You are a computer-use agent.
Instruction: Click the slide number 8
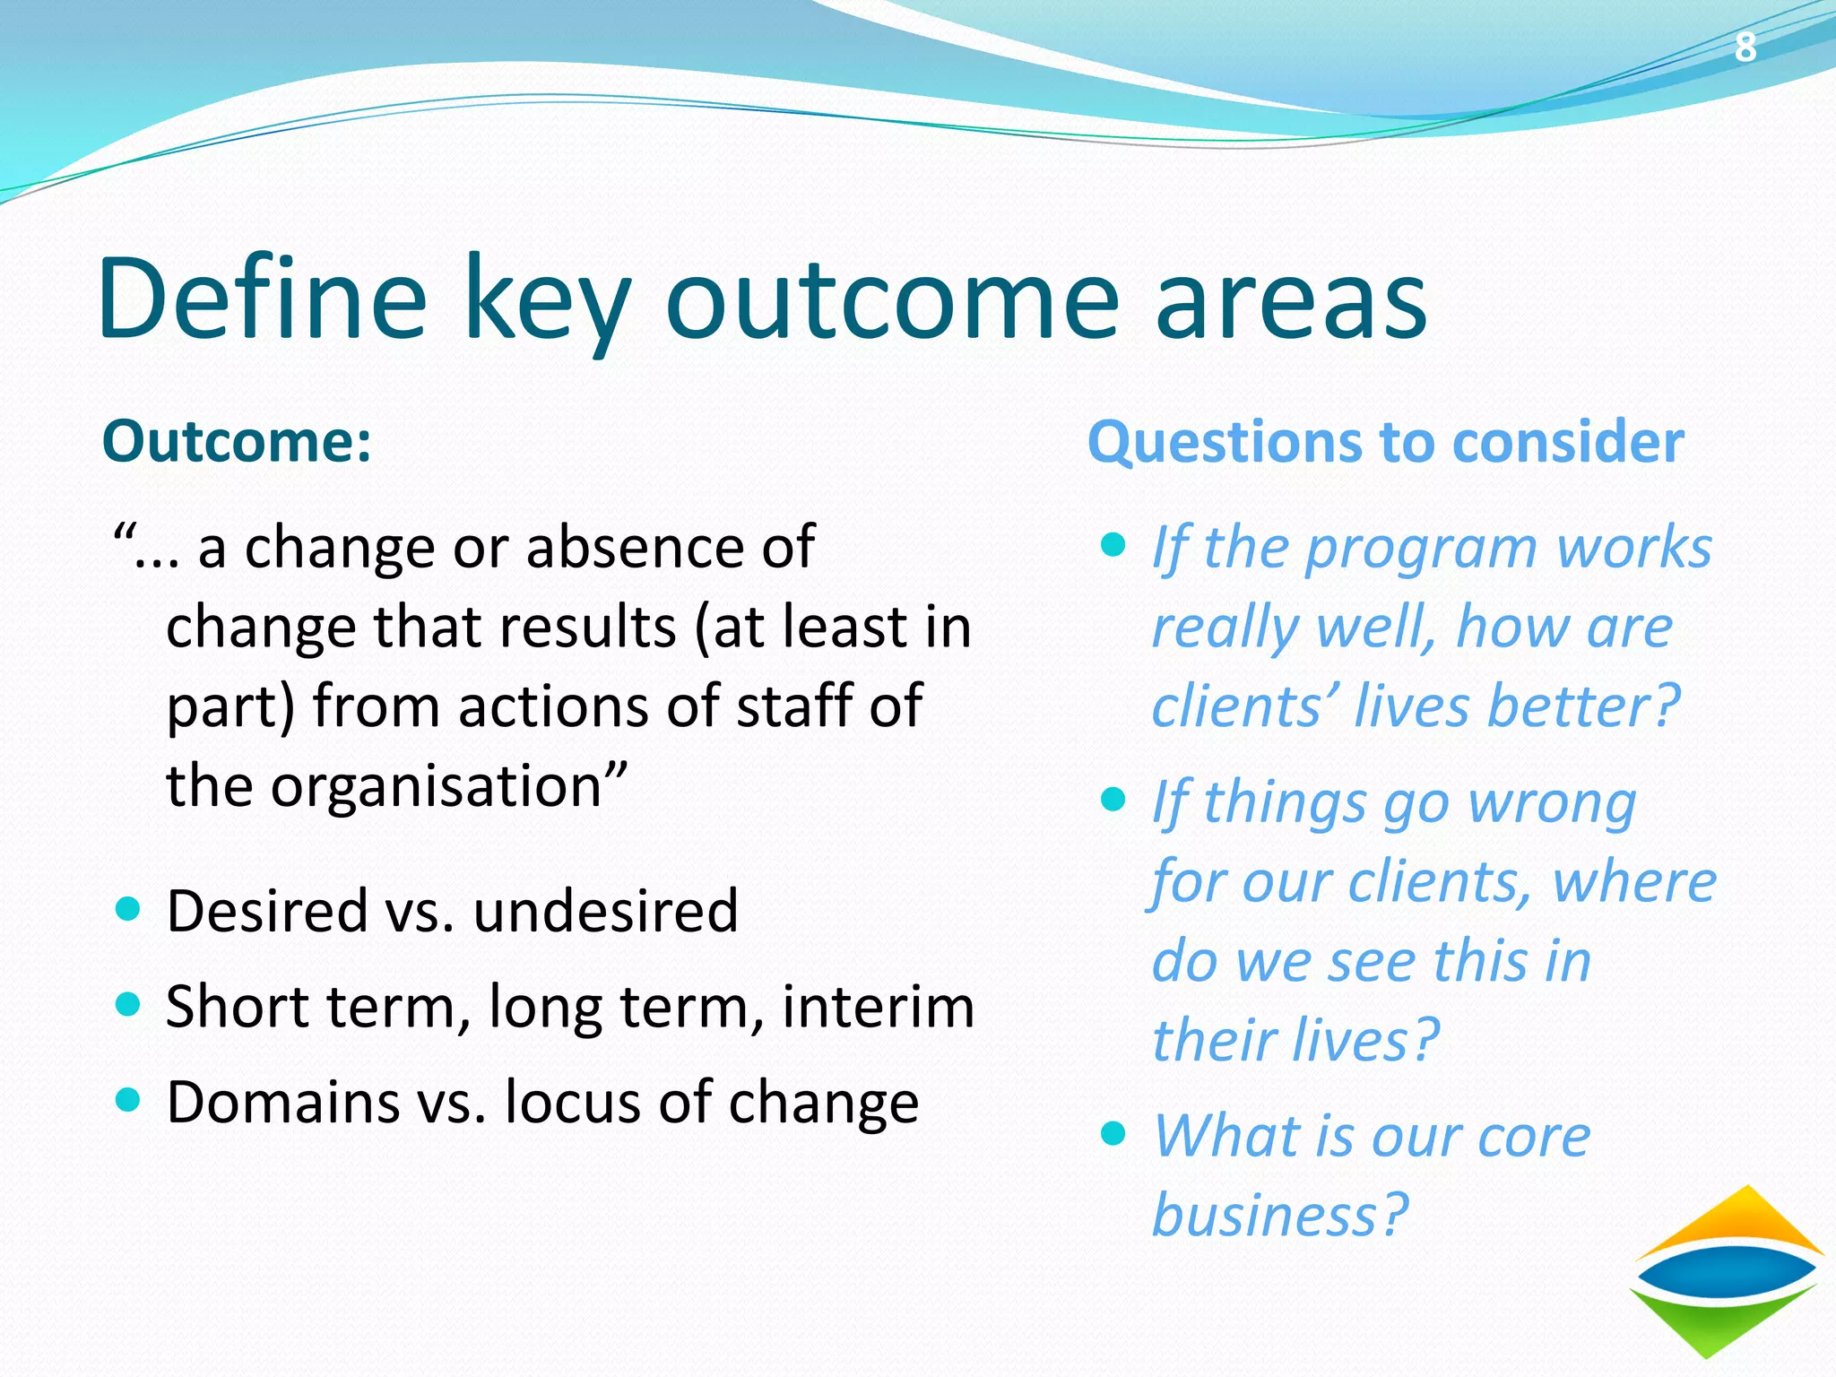1745,47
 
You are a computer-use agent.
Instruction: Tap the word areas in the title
1291,300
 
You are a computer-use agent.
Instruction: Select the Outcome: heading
237,442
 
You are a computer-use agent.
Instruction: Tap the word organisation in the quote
436,785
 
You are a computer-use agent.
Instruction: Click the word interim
878,1006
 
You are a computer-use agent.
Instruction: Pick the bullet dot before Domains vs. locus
129,1100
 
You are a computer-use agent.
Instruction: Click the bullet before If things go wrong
1113,798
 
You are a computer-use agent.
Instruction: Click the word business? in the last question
1280,1215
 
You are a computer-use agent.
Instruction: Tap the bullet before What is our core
1113,1133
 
